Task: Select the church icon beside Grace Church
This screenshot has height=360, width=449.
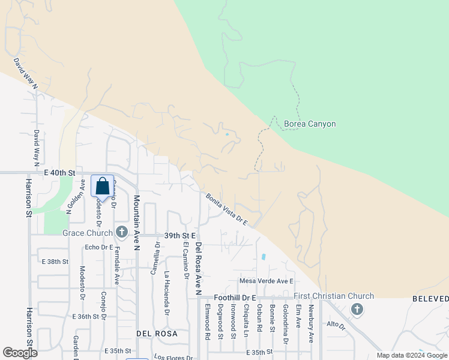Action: (122, 232)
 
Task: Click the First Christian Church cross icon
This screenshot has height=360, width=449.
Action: (357, 309)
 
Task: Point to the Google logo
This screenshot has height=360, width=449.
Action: (20, 353)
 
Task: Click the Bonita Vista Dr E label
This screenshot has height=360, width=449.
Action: (227, 209)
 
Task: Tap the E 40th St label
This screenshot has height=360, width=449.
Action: (58, 172)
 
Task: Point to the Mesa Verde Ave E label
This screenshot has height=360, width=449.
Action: (266, 281)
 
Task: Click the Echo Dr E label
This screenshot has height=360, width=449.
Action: (99, 247)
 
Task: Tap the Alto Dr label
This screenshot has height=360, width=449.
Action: (336, 325)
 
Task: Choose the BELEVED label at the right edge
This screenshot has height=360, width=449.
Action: (430, 299)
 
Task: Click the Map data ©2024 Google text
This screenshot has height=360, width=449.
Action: (411, 355)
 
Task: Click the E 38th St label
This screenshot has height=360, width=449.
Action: (55, 262)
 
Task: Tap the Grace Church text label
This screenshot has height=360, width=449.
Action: (87, 233)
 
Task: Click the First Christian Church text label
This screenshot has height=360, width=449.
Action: (334, 296)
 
